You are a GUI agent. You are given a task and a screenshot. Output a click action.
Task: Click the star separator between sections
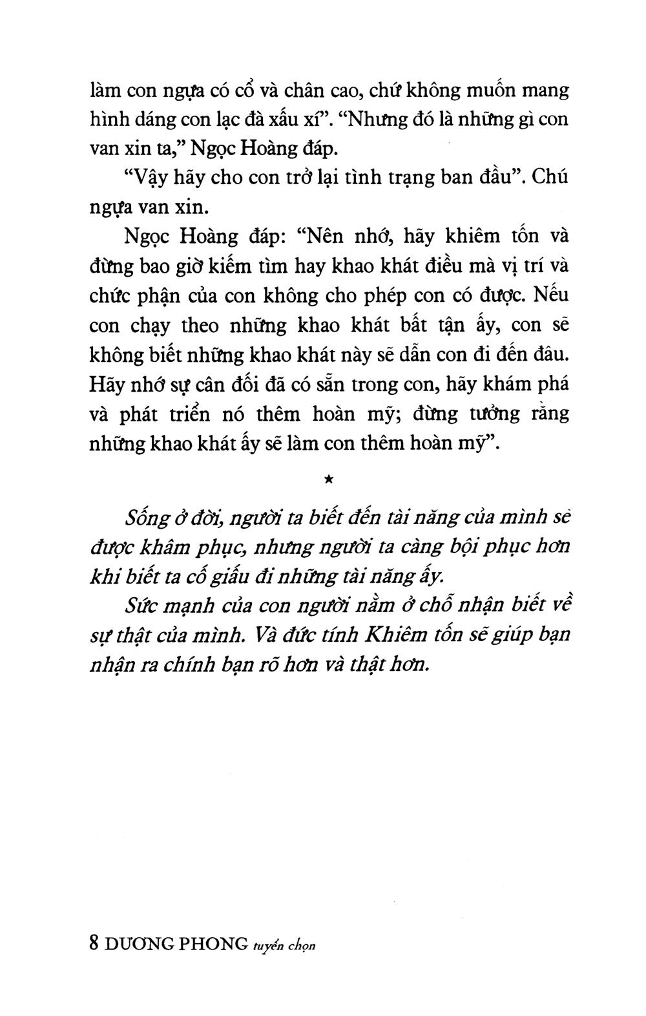(329, 479)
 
